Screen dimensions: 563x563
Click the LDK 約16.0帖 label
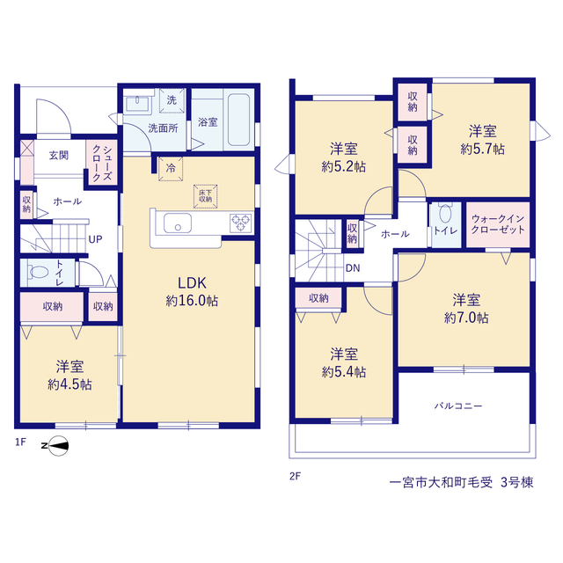(192, 291)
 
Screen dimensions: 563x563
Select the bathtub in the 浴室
(238, 120)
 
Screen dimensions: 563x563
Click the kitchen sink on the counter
(178, 223)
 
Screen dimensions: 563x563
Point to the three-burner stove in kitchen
(240, 223)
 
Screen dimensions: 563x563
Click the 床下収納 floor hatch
(205, 196)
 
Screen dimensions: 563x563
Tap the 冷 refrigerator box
(171, 168)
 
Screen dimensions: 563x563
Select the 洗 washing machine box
(172, 100)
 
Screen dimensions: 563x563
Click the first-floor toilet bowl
(38, 272)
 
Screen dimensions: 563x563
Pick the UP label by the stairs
(95, 239)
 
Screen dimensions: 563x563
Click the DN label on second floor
(353, 267)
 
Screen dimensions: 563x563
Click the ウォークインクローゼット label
(498, 224)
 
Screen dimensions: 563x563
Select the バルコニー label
(458, 406)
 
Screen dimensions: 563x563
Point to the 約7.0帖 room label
(466, 318)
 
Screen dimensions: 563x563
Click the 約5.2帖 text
(344, 166)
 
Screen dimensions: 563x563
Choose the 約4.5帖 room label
(69, 384)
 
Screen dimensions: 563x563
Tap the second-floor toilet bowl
(445, 213)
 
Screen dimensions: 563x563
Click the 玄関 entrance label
(59, 156)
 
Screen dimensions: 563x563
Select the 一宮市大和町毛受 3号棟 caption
(461, 482)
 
